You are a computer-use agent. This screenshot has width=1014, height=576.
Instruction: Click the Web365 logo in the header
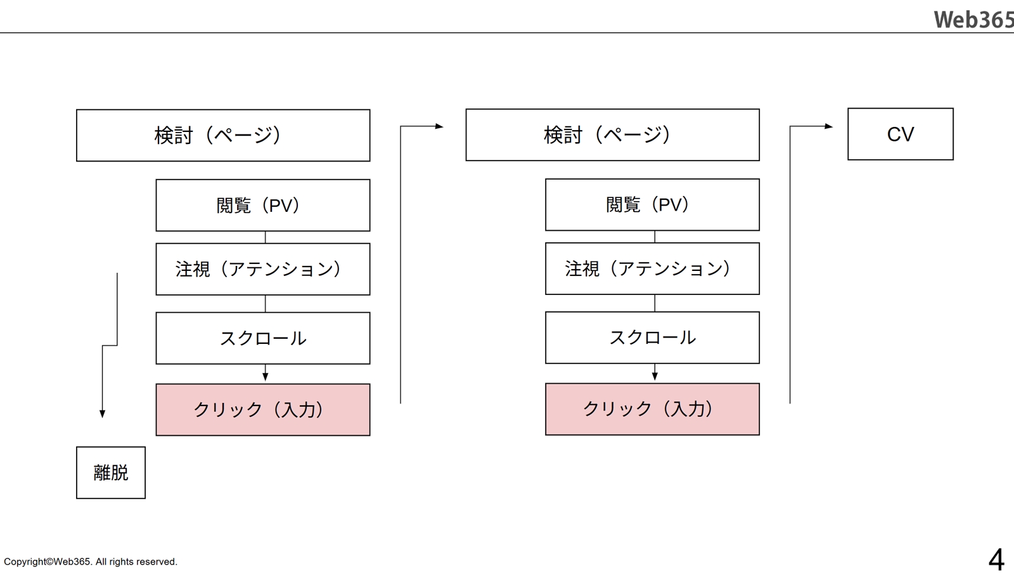973,20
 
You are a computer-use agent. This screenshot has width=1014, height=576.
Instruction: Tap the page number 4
996,560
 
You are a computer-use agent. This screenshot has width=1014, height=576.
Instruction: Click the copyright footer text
91,561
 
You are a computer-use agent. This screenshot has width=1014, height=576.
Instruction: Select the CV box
900,134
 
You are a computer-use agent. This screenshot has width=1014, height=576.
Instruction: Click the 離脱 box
111,473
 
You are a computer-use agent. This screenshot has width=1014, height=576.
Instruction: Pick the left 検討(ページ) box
223,135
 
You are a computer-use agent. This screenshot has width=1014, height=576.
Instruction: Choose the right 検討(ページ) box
612,134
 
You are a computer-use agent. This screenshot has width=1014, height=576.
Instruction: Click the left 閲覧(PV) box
263,205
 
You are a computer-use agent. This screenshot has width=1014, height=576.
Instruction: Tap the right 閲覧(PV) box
652,204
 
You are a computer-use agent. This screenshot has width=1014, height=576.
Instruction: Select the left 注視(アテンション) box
263,269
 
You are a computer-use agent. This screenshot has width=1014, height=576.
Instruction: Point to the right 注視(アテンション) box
652,268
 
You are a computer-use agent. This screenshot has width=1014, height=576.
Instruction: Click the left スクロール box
263,338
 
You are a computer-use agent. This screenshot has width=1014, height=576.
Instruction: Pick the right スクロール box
652,337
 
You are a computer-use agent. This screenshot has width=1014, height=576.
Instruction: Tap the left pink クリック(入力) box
263,409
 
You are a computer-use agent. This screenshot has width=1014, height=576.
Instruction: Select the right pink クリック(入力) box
652,409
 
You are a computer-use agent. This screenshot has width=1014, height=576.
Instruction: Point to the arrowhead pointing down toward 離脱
102,414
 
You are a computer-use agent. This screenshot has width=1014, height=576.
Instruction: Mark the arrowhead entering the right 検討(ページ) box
439,126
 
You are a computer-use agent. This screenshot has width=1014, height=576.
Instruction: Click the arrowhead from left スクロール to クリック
266,377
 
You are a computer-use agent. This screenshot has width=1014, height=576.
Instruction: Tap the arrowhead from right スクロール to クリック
655,376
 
